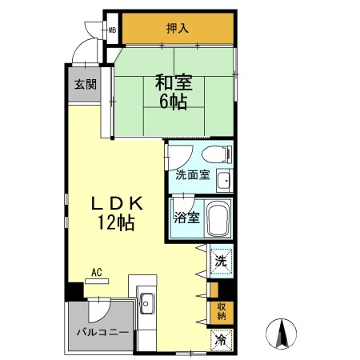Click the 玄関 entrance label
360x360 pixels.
[86, 83]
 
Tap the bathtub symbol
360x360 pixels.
[217, 218]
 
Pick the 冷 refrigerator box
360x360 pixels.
[219, 339]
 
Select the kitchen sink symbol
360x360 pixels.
[148, 302]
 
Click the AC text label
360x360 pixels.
[97, 273]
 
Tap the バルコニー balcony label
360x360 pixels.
[103, 331]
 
